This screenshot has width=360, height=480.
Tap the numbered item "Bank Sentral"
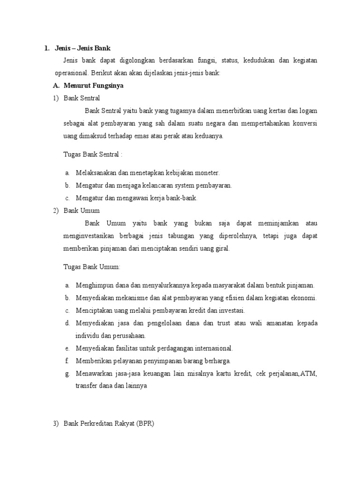pos(82,98)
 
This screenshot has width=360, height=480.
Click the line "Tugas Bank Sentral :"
pos(93,154)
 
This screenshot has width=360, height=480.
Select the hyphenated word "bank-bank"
pos(183,198)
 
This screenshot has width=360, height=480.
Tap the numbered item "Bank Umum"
pos(82,210)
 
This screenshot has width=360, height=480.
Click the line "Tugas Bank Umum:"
pos(92,267)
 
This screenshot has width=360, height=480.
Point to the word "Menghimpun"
pos(94,285)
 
